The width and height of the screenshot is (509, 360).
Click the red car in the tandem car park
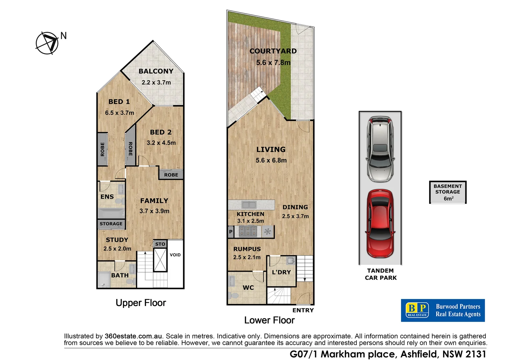coord(380,224)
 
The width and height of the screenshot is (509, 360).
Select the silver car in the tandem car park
coord(380,149)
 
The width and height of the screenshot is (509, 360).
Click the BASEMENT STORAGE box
coord(448,192)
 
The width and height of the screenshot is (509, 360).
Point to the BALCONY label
coord(156,71)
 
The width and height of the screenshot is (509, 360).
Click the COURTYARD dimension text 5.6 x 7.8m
coord(273,63)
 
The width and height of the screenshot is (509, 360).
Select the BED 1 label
coord(119,102)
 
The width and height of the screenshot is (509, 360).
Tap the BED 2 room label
coord(161,132)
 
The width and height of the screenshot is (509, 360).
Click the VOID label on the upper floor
coord(175,255)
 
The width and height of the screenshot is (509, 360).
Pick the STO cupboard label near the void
coord(160,244)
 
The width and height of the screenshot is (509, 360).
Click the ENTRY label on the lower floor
coord(303,310)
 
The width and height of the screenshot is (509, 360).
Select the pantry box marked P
coord(231,232)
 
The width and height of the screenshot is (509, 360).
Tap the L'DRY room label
coord(281,272)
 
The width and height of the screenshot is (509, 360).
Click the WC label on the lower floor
coord(248,288)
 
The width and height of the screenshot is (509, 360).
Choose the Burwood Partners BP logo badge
coord(417,310)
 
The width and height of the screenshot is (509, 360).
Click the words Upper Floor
coord(141,303)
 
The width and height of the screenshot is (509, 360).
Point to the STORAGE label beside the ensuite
coord(111,224)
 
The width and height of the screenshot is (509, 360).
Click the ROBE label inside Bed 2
coord(171,175)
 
